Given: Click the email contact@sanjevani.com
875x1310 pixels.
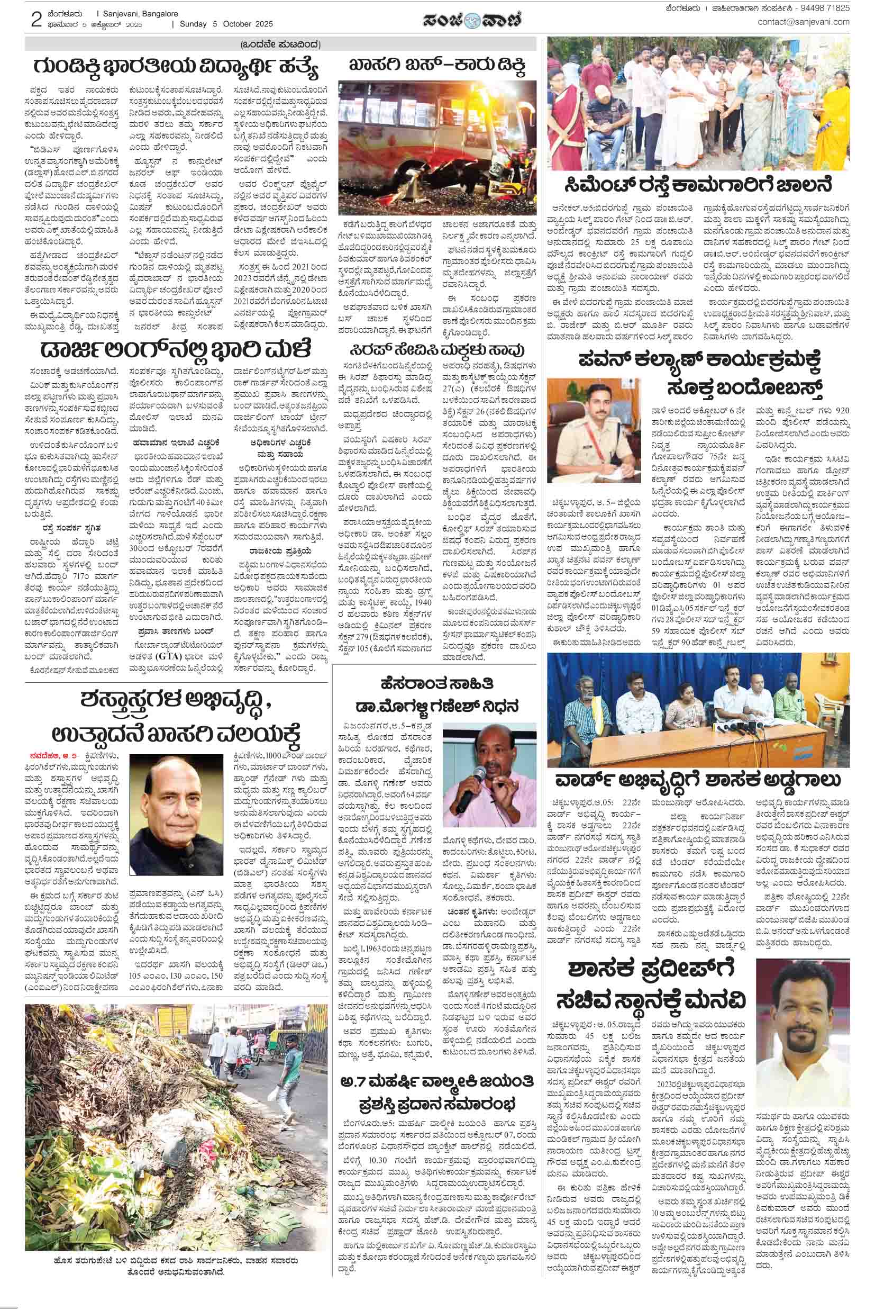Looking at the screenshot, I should pos(803,22).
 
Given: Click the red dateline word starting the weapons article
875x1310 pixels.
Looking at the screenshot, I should pos(42,755).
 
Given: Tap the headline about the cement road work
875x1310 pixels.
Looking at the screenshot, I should pos(698,186).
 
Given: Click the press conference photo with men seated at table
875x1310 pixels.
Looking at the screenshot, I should pos(698,709).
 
